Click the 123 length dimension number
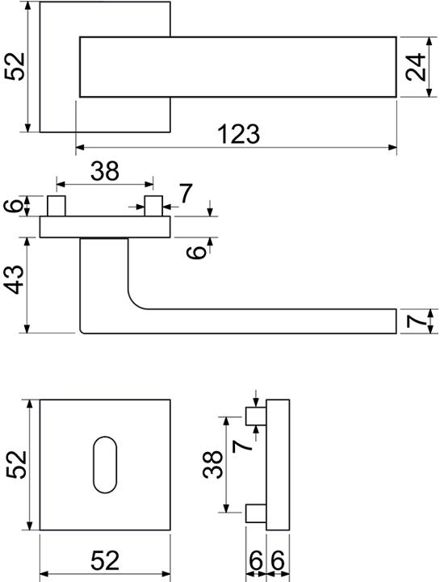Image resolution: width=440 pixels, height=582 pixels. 238,134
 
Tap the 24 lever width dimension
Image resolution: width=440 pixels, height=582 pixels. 416,67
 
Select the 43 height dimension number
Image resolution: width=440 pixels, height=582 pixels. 15,279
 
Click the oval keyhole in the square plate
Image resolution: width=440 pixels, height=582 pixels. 105,465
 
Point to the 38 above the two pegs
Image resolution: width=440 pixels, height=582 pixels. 105,171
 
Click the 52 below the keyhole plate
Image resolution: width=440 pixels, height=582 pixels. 105,560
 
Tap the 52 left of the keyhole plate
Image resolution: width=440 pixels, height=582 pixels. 17,465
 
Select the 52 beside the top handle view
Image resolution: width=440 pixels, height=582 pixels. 15,67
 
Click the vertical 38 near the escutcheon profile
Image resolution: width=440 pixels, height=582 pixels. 213,465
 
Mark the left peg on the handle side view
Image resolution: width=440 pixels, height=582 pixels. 57,206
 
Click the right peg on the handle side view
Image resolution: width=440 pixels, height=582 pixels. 153,206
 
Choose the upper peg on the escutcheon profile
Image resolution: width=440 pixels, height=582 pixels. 256,416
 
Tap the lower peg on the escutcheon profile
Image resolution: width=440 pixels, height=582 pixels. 256,513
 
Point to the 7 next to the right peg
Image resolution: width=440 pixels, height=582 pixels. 186,194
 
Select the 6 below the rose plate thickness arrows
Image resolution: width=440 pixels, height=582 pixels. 196,253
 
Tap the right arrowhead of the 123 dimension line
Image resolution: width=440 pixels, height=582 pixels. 392,148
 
